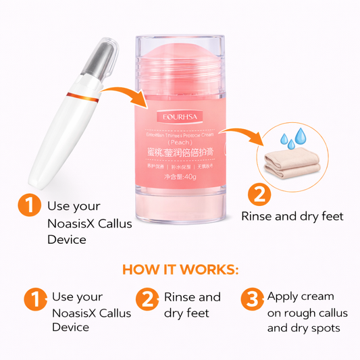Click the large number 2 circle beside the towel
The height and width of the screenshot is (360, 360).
(x=259, y=195)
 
